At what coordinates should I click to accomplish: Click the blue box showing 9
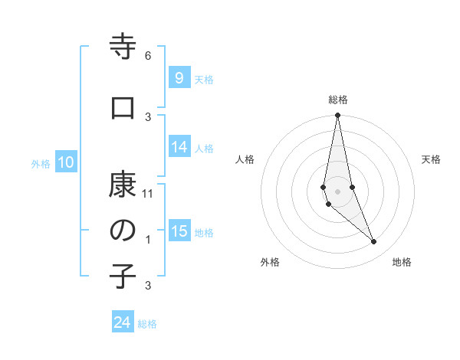(179, 77)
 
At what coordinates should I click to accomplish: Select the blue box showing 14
(179, 147)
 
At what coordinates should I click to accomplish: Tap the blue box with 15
(179, 231)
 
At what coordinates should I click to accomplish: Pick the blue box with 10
(65, 162)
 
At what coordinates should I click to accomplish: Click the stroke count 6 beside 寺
(148, 55)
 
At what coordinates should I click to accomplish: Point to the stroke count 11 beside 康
(148, 193)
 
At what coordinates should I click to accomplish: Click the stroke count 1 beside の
(148, 240)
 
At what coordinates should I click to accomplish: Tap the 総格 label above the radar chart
(338, 100)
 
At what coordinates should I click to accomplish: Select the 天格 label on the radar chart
(431, 159)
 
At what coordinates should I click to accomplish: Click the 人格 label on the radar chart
(245, 159)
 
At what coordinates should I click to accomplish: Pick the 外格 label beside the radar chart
(270, 262)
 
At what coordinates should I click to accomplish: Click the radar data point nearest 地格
(374, 242)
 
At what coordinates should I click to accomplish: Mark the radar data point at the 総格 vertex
(338, 116)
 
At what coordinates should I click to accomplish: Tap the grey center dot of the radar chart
(338, 191)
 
